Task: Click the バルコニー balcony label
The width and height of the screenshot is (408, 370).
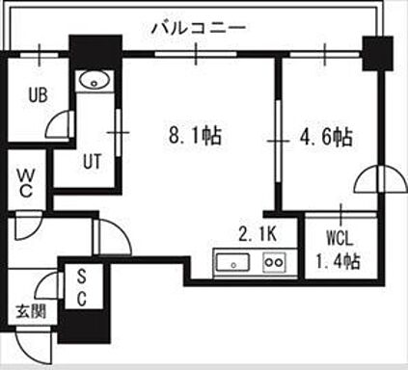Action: [199, 27]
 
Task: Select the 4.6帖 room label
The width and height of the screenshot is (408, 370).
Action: [322, 136]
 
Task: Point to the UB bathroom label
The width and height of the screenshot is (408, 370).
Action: [39, 95]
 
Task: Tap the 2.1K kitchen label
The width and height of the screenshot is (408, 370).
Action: [259, 232]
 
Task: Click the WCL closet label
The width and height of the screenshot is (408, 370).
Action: [340, 236]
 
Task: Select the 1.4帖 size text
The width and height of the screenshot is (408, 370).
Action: [340, 260]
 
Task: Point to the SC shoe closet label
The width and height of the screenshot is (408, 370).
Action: [82, 287]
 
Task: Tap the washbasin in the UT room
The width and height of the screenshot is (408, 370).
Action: [94, 80]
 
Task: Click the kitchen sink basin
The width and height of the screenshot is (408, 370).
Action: [234, 262]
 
